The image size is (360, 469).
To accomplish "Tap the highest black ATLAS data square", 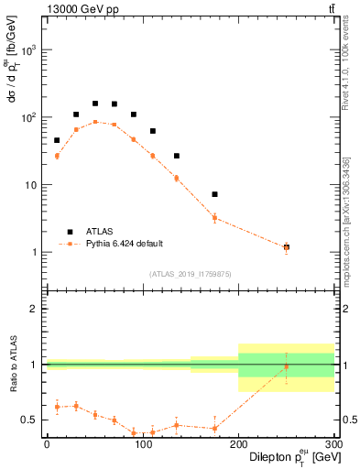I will (95, 104).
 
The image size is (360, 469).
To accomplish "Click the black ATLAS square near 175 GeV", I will (214, 194).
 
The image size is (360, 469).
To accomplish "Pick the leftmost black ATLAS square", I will (57, 140).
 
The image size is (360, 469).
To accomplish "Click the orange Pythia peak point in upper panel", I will (95, 122).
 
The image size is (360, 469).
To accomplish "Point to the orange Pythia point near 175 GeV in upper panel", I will (214, 218).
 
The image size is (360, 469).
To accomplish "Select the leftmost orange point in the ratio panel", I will (57, 407).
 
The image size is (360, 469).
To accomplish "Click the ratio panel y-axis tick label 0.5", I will (34, 420).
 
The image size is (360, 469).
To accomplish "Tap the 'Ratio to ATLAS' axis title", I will (12, 365).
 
